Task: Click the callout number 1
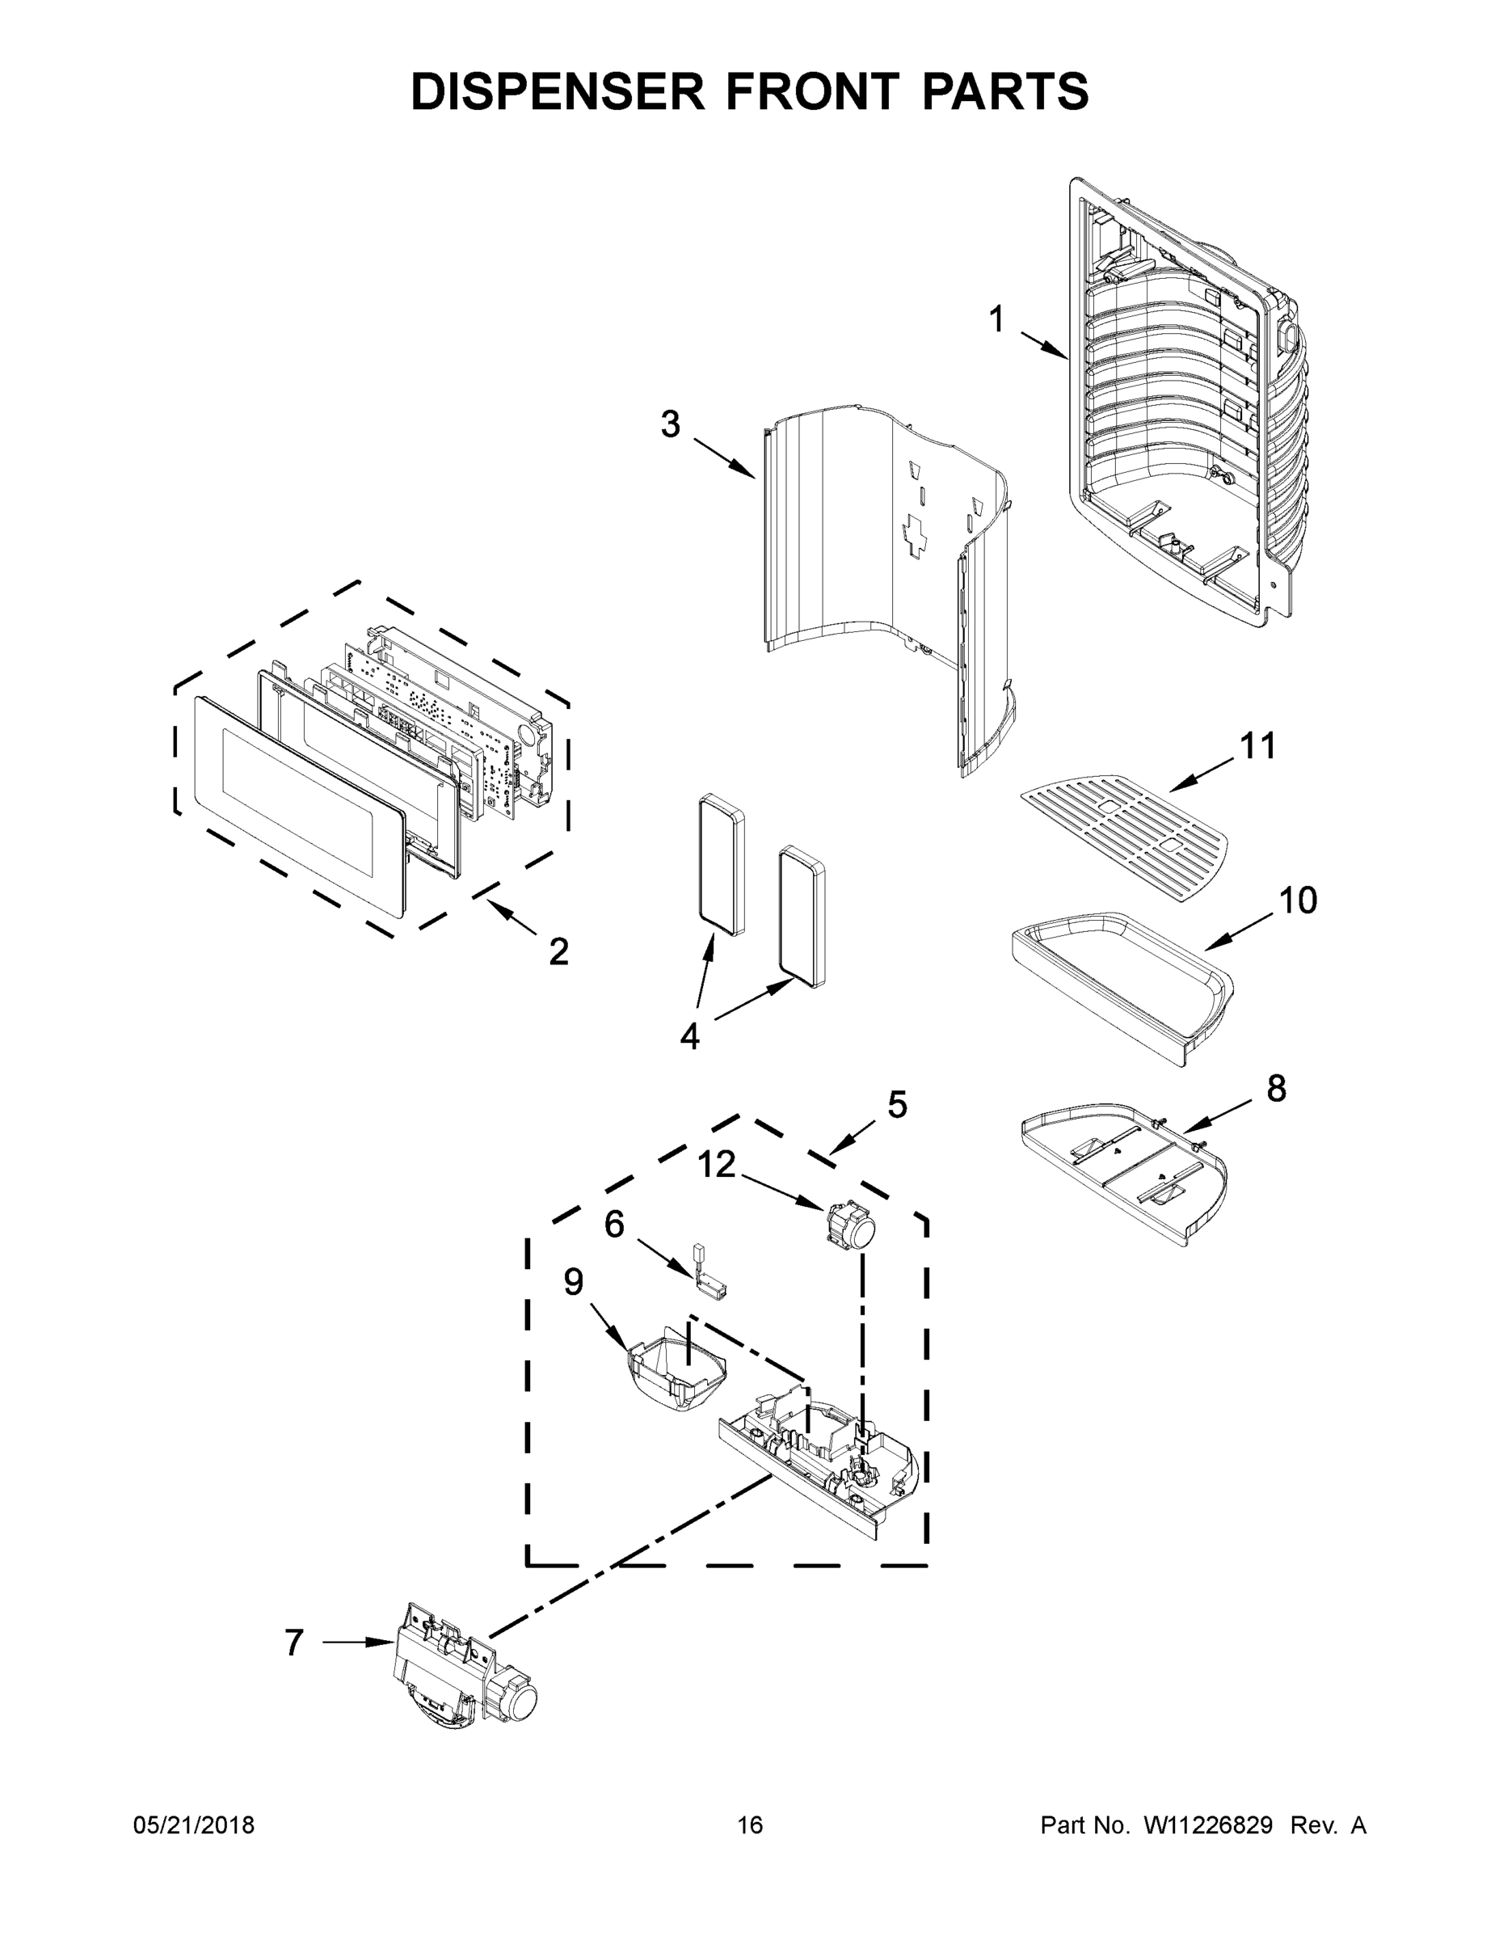(996, 320)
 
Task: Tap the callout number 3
(671, 424)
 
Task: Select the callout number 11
(1257, 746)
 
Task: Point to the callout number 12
(716, 1164)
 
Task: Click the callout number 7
(295, 1643)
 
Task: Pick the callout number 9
(574, 1282)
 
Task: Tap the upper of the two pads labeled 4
(720, 863)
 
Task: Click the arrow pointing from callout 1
(1044, 345)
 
